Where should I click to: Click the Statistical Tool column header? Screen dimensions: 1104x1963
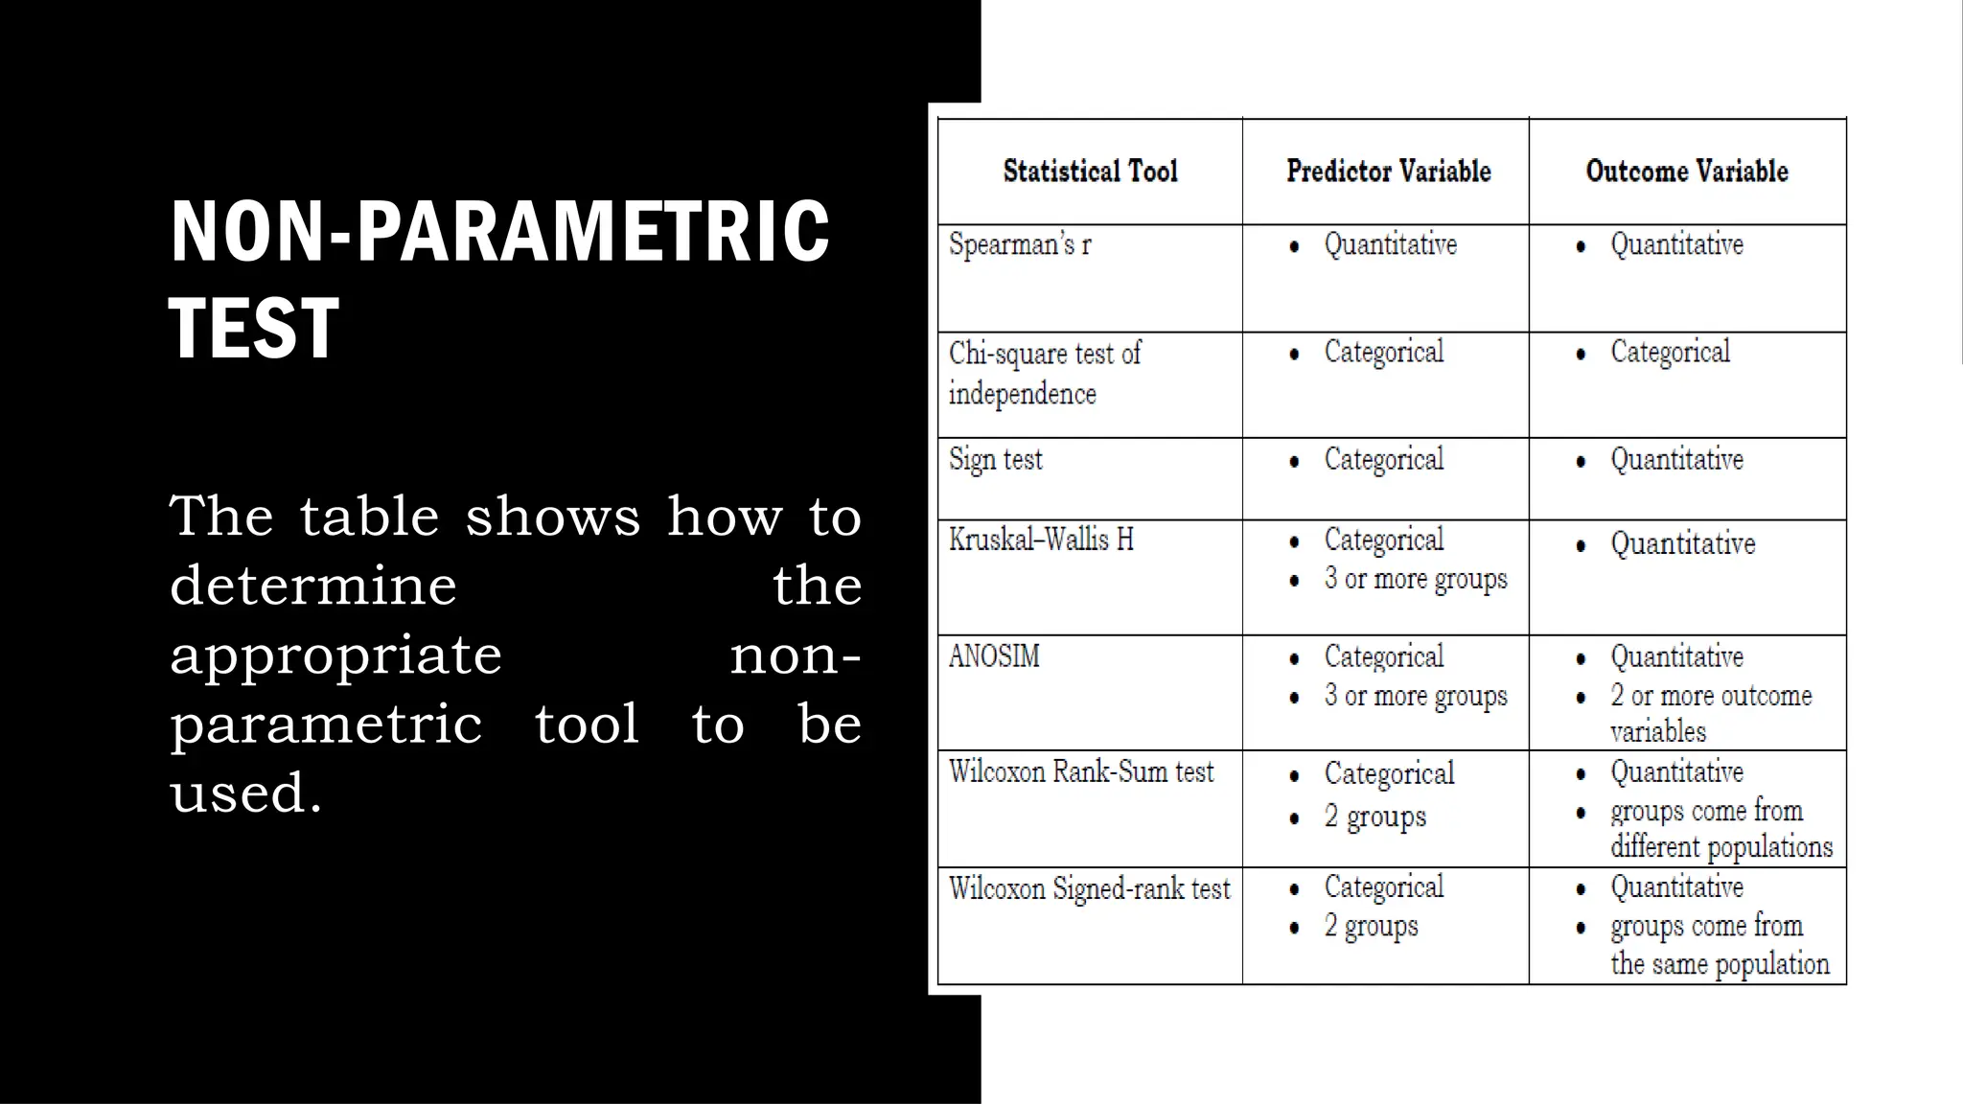click(x=1090, y=172)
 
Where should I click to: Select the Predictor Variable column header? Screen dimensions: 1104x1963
click(x=1388, y=172)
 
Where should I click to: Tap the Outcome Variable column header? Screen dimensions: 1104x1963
click(x=1687, y=172)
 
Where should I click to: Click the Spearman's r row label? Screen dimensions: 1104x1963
click(x=1020, y=245)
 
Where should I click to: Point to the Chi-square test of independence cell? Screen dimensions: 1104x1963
click(x=1045, y=373)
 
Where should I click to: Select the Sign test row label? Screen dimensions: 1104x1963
click(x=995, y=460)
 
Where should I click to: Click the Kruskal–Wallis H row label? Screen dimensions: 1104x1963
click(x=1041, y=540)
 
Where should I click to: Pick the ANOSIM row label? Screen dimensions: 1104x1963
click(x=994, y=657)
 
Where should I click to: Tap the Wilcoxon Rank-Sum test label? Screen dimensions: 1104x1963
click(x=1081, y=772)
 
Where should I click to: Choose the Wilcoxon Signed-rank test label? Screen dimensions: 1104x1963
click(x=1089, y=889)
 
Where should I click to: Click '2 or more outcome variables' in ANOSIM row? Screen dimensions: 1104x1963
click(x=1711, y=714)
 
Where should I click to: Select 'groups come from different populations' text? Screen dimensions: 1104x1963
click(x=1721, y=829)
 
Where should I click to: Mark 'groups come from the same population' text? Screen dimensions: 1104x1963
click(x=1720, y=945)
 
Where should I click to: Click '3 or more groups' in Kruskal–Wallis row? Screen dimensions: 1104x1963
click(x=1416, y=580)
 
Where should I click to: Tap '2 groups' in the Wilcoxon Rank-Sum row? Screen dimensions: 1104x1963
click(x=1374, y=816)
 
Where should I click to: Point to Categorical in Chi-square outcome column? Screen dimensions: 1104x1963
click(x=1670, y=353)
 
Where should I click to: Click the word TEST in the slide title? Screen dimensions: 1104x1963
click(x=254, y=328)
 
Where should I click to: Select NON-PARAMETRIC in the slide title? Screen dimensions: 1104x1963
click(x=499, y=232)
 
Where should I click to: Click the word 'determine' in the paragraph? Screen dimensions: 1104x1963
click(x=313, y=586)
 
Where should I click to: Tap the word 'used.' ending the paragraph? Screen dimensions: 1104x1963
click(x=245, y=793)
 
